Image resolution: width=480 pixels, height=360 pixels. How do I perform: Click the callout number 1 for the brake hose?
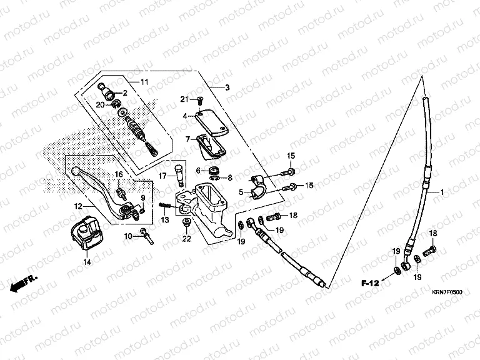click(442, 192)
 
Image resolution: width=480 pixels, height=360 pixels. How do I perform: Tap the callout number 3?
click(227, 88)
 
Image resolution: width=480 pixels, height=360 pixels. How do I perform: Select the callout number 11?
click(144, 82)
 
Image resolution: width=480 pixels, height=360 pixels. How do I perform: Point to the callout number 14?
click(87, 262)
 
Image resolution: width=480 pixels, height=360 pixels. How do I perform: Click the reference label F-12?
click(370, 284)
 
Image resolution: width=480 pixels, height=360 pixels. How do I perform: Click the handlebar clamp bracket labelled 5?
click(259, 186)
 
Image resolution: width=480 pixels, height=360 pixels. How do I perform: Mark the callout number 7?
click(187, 139)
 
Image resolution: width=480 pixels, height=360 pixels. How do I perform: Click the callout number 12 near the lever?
click(78, 206)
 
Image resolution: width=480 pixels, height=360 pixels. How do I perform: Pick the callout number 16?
click(119, 174)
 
